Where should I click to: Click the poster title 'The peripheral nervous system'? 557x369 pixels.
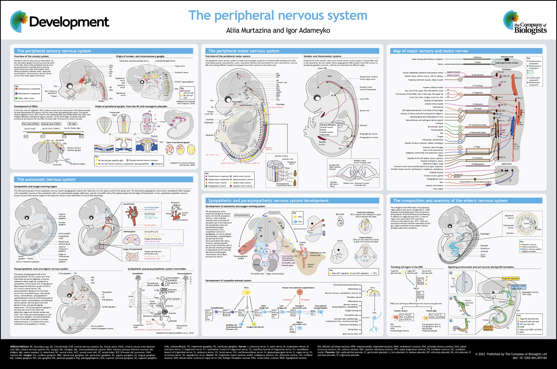pos(278,16)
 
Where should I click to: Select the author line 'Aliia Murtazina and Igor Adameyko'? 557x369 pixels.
pos(278,31)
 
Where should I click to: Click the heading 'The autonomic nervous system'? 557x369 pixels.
pos(46,179)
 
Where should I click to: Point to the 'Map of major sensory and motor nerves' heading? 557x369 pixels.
pos(430,51)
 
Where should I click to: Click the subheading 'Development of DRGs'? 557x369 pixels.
pos(26,106)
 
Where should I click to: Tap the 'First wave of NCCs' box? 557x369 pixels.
pos(31,124)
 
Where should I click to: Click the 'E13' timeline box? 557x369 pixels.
pos(81,136)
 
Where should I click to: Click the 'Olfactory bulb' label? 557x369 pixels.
pos(507,57)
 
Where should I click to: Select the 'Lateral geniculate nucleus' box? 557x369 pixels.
pos(507,63)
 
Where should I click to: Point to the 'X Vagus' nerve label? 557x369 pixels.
pos(477,147)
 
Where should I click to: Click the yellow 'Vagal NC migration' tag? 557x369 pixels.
pos(511,279)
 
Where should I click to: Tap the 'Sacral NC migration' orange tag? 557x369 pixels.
pos(488,328)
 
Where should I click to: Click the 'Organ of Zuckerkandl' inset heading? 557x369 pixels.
pos(133,249)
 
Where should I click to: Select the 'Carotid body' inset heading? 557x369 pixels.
pos(129,204)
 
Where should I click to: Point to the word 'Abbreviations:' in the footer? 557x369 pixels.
pos(19,347)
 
